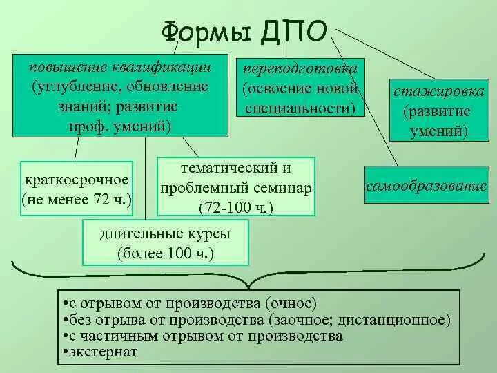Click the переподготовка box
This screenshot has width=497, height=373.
(300, 88)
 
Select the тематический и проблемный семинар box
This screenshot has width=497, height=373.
(237, 186)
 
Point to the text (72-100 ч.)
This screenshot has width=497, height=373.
(236, 207)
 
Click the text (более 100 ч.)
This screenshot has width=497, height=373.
(166, 254)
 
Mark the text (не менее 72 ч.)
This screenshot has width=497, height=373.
(77, 200)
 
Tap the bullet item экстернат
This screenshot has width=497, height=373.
(101, 352)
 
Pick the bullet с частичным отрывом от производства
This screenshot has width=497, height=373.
(202, 336)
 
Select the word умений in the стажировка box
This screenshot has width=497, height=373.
(436, 129)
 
